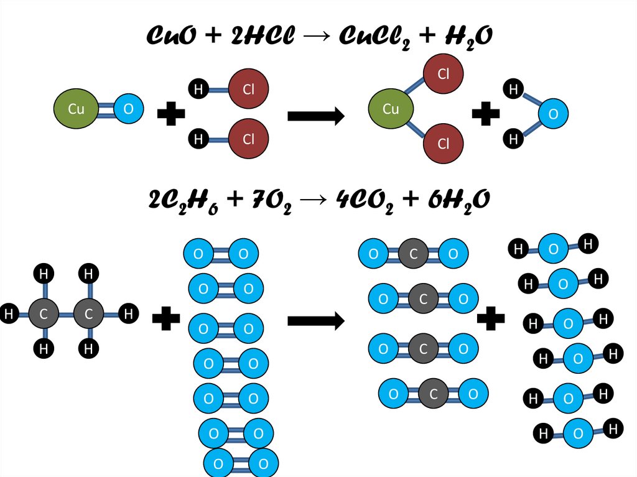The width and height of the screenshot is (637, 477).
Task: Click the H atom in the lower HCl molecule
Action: [x=198, y=139]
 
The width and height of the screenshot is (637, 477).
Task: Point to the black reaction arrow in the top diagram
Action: [x=316, y=116]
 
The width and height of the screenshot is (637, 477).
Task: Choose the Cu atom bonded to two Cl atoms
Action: [x=391, y=110]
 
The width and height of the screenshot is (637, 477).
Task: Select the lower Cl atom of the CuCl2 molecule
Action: [x=444, y=144]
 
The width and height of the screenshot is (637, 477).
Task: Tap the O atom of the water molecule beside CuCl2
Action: [x=549, y=114]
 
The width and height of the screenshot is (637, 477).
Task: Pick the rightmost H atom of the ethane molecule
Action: [x=128, y=314]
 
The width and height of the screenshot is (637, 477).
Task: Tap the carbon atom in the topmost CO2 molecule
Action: [x=412, y=254]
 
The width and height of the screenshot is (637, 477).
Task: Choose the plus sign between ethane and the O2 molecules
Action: [x=166, y=320]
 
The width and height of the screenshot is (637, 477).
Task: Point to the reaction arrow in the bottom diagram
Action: [x=316, y=321]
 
